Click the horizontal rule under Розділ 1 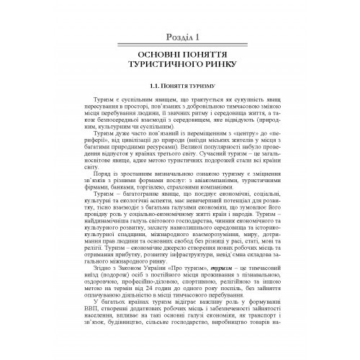click(x=180, y=45)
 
